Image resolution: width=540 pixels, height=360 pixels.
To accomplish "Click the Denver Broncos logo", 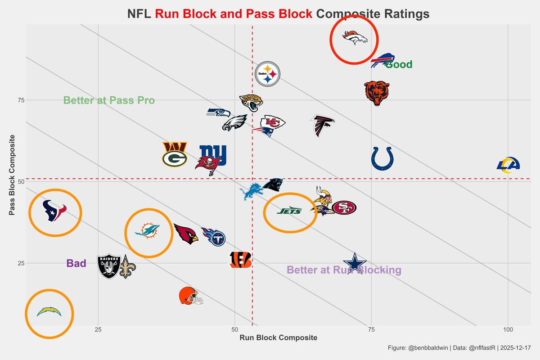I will click(x=355, y=38).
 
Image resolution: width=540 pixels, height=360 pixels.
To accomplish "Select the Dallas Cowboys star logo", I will click(x=355, y=263).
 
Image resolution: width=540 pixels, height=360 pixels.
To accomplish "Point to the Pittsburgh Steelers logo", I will click(x=267, y=74).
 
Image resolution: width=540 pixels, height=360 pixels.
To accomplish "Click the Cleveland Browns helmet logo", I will click(x=191, y=296).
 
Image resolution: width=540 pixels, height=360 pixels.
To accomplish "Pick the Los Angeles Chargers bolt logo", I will click(x=49, y=311).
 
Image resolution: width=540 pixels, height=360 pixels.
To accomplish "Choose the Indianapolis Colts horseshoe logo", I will click(x=382, y=159).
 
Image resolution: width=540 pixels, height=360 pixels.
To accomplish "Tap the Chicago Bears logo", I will click(x=376, y=93).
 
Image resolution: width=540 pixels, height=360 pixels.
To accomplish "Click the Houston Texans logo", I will click(x=54, y=211).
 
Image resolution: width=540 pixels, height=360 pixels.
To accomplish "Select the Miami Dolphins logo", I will click(x=148, y=231).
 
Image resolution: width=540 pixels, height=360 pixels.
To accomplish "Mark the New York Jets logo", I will click(x=289, y=211).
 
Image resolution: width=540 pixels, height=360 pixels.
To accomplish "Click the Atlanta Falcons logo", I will click(x=322, y=126).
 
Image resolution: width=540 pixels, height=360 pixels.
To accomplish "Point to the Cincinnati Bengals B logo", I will click(x=240, y=260).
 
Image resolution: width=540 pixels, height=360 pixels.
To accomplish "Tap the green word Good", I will click(x=399, y=65).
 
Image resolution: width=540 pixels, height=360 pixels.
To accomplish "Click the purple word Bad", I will click(x=76, y=264).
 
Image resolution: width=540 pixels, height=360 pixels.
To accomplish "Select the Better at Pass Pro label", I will click(x=109, y=100).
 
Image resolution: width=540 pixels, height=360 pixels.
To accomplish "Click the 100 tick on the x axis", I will click(x=508, y=330).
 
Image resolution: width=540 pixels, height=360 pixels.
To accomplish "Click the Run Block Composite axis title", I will click(x=278, y=338).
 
